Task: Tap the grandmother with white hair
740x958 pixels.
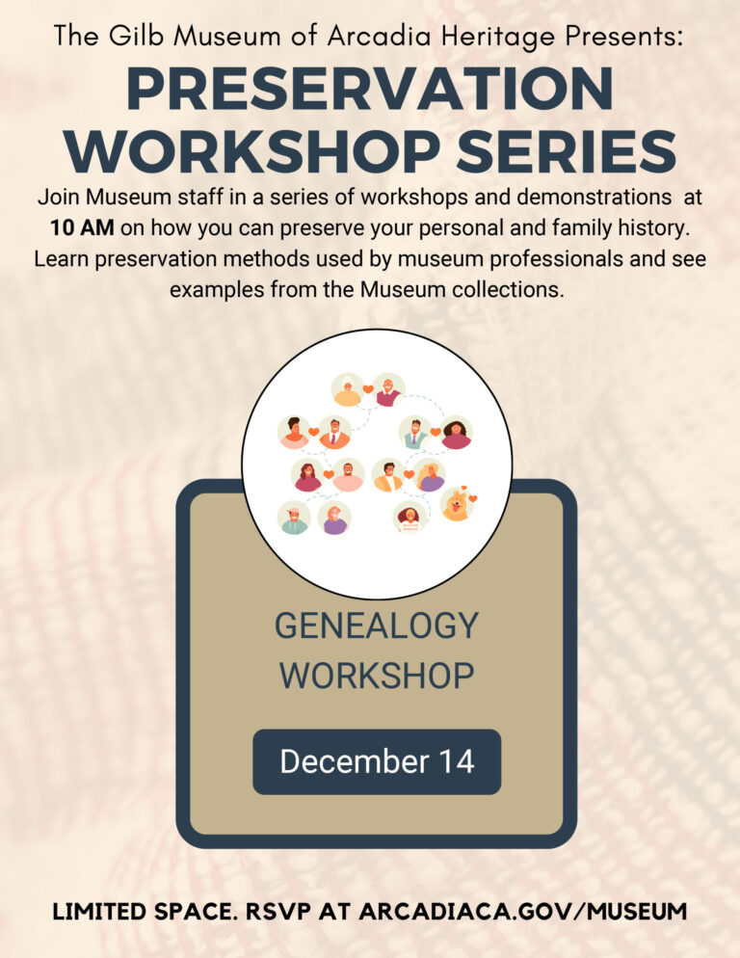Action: [x=347, y=389]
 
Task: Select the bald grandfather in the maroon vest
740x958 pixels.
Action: [x=388, y=389]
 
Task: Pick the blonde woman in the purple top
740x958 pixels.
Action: [x=431, y=474]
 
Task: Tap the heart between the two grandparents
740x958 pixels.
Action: [x=368, y=389]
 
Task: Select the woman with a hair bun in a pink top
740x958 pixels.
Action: [x=294, y=433]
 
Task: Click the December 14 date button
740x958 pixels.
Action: [x=377, y=761]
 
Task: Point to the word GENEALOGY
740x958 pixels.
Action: [x=377, y=625]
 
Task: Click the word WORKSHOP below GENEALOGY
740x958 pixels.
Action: [x=377, y=675]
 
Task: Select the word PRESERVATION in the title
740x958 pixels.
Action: [x=369, y=90]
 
